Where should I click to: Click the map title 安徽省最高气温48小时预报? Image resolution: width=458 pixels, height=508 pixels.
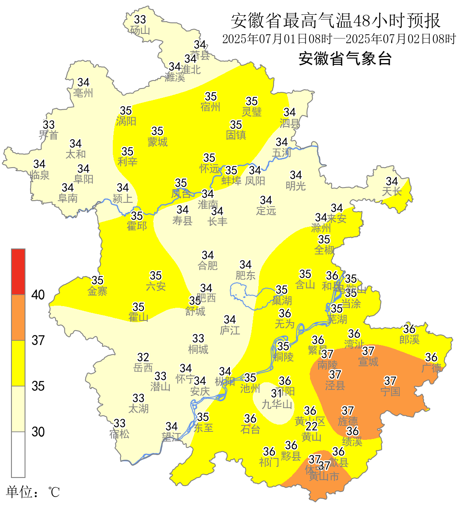click(335, 21)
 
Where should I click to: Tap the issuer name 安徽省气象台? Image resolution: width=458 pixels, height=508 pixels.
click(345, 58)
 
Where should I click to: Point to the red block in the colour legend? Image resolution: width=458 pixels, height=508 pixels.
click(18, 272)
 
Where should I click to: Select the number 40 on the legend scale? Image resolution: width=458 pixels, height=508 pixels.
click(38, 295)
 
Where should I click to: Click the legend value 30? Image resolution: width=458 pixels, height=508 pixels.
click(38, 432)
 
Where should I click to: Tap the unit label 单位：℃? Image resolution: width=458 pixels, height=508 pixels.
click(33, 492)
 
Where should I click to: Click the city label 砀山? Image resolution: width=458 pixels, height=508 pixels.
click(140, 30)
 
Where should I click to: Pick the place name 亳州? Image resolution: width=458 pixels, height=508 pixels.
click(83, 93)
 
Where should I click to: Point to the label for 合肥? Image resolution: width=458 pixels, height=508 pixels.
click(208, 266)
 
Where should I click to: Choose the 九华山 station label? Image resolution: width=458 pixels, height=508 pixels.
click(277, 405)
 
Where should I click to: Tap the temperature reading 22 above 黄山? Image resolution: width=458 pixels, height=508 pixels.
click(312, 426)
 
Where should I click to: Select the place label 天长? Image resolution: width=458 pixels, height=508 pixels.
click(392, 192)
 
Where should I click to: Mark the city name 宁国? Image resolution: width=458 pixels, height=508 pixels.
click(390, 392)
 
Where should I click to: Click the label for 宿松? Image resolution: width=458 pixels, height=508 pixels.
click(119, 434)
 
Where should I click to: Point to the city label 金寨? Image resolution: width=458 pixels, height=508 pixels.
click(98, 291)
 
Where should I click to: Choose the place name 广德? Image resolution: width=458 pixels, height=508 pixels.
click(431, 368)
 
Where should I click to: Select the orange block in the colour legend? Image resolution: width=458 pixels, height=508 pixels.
click(18, 317)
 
